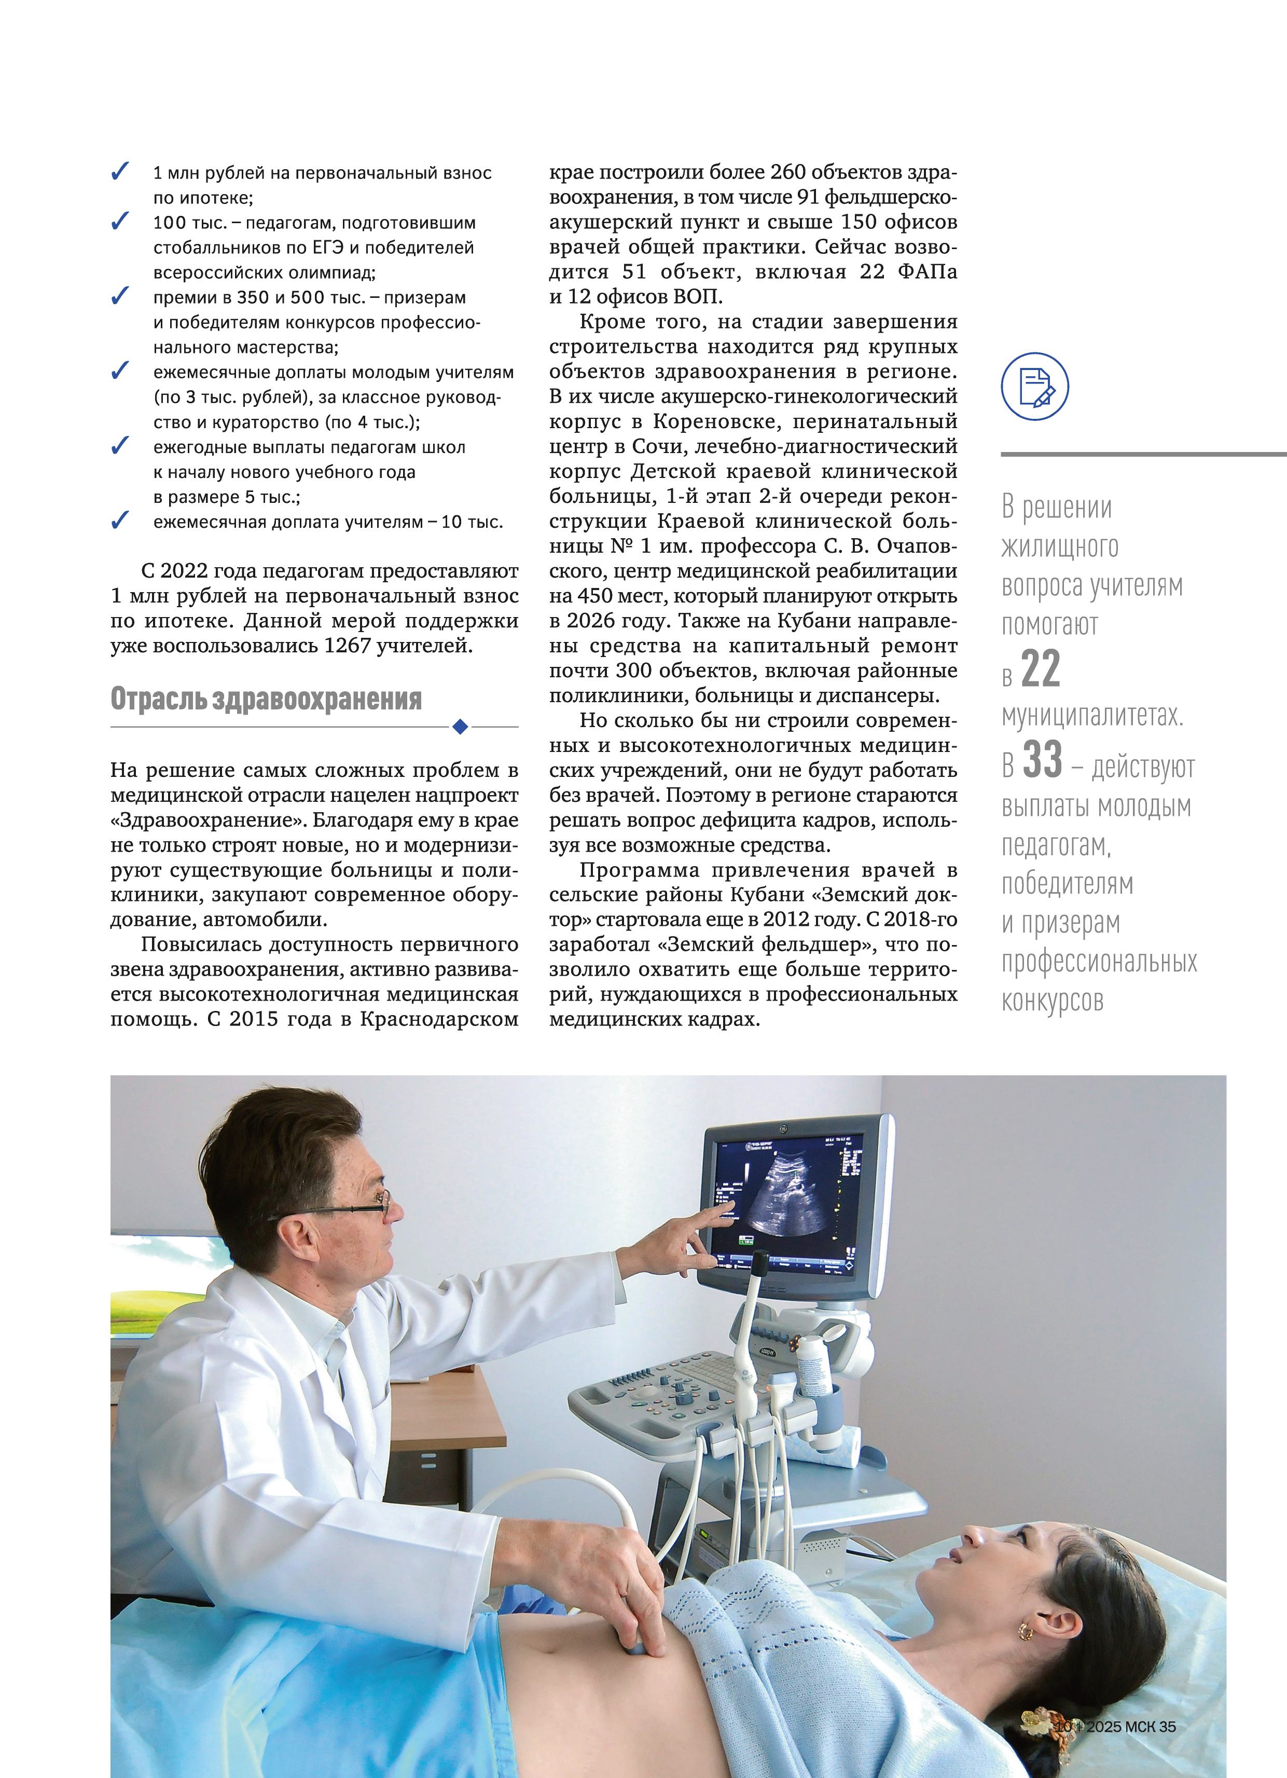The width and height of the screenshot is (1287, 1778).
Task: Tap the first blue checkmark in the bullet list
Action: point(120,172)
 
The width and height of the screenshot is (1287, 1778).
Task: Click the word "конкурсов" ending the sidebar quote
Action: point(1052,1001)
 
